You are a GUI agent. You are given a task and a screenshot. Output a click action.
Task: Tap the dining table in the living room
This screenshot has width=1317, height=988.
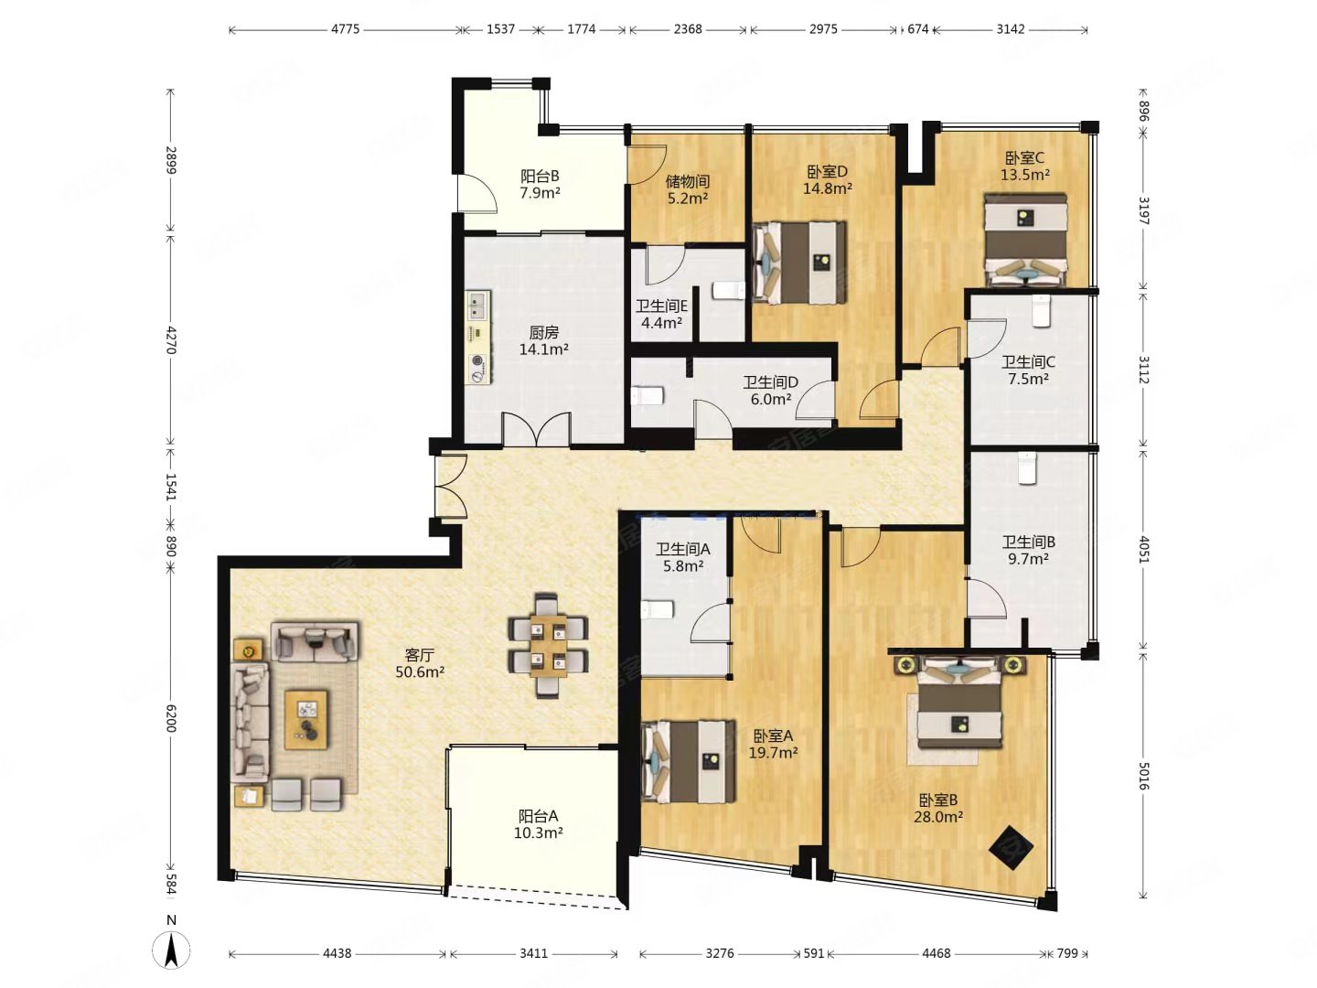point(548,646)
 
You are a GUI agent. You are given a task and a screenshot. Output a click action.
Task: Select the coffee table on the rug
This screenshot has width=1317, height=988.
point(306,720)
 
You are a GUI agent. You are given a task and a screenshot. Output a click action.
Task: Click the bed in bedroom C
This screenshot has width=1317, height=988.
point(1025,240)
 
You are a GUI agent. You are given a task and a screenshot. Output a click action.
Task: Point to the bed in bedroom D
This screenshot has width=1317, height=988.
point(800,263)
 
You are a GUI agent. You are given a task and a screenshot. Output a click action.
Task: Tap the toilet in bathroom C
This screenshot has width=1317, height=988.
point(1040,311)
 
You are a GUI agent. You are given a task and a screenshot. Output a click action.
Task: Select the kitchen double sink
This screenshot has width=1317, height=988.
point(479,305)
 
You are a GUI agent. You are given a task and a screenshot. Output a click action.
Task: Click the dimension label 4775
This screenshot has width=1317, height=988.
point(345,28)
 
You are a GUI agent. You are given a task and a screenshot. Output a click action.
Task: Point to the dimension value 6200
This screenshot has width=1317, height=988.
point(171,718)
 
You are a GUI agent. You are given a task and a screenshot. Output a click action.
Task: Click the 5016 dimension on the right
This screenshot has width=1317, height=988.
point(1143,776)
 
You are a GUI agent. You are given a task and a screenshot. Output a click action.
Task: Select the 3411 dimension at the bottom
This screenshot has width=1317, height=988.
point(533,952)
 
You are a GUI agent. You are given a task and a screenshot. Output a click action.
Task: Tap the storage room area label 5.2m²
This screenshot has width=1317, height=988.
point(688,198)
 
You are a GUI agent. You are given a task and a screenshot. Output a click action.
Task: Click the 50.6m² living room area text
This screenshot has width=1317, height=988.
point(420,671)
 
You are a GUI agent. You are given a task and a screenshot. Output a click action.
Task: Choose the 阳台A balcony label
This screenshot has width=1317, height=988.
point(538,816)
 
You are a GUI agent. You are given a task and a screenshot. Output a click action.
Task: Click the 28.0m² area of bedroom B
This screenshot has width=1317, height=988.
point(938,816)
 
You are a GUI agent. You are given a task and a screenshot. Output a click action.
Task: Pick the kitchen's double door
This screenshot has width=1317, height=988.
point(536,430)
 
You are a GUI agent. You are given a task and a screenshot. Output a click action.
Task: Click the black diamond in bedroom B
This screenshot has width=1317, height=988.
point(1011,848)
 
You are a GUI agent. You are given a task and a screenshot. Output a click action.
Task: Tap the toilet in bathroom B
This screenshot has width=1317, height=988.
point(1026,467)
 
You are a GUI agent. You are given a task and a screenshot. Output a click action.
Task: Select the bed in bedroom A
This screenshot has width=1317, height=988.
point(688,761)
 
